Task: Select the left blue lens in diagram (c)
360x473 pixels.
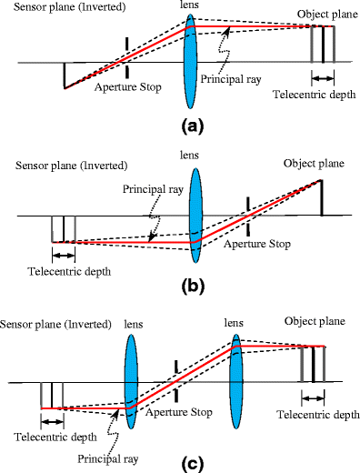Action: (130, 377)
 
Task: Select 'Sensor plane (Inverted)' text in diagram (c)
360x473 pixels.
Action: (55, 325)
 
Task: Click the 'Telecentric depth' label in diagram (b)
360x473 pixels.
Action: (62, 271)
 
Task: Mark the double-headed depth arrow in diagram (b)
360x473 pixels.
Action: (63, 254)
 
